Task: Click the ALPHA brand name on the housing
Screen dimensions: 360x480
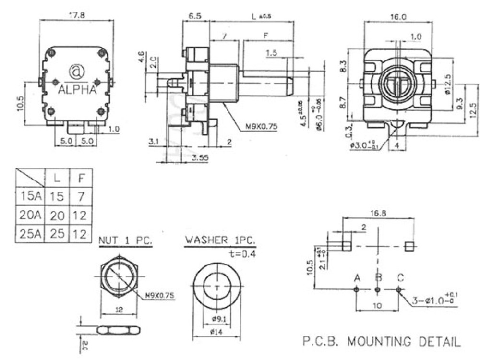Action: pos(77,90)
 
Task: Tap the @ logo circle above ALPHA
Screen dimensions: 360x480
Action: pos(77,72)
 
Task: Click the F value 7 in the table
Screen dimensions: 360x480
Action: pos(80,196)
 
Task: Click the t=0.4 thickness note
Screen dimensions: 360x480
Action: pos(242,253)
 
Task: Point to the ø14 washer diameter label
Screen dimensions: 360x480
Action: pos(218,331)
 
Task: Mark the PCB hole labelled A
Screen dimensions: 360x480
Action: pos(356,290)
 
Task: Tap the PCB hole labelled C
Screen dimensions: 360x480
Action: pos(399,290)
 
